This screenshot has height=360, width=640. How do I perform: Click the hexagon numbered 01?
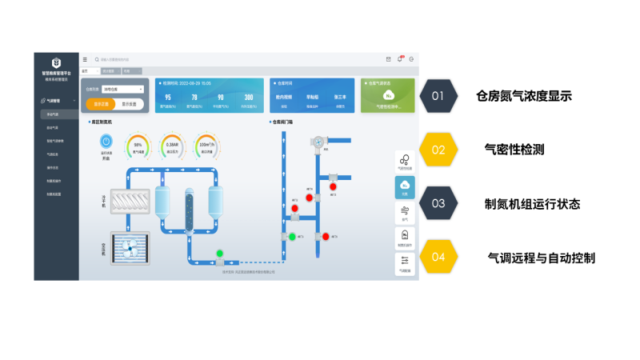click(x=438, y=96)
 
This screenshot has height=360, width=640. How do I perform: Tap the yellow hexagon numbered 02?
click(x=438, y=150)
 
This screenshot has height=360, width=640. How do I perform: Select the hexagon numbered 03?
click(x=438, y=203)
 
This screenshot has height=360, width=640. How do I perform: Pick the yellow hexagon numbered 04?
click(x=438, y=257)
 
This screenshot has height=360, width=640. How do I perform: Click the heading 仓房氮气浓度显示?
click(x=523, y=96)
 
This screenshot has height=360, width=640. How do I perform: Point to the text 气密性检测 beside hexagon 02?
click(x=514, y=150)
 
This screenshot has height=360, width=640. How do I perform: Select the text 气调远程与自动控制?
click(x=542, y=258)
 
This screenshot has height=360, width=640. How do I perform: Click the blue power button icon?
click(x=106, y=142)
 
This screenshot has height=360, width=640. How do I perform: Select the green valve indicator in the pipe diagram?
click(x=219, y=254)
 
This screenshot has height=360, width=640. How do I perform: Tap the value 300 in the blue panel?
click(x=249, y=97)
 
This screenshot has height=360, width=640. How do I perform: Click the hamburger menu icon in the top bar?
click(x=86, y=59)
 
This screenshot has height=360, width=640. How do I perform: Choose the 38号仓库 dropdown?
click(x=123, y=90)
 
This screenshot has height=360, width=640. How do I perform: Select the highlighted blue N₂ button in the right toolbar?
click(x=404, y=187)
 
